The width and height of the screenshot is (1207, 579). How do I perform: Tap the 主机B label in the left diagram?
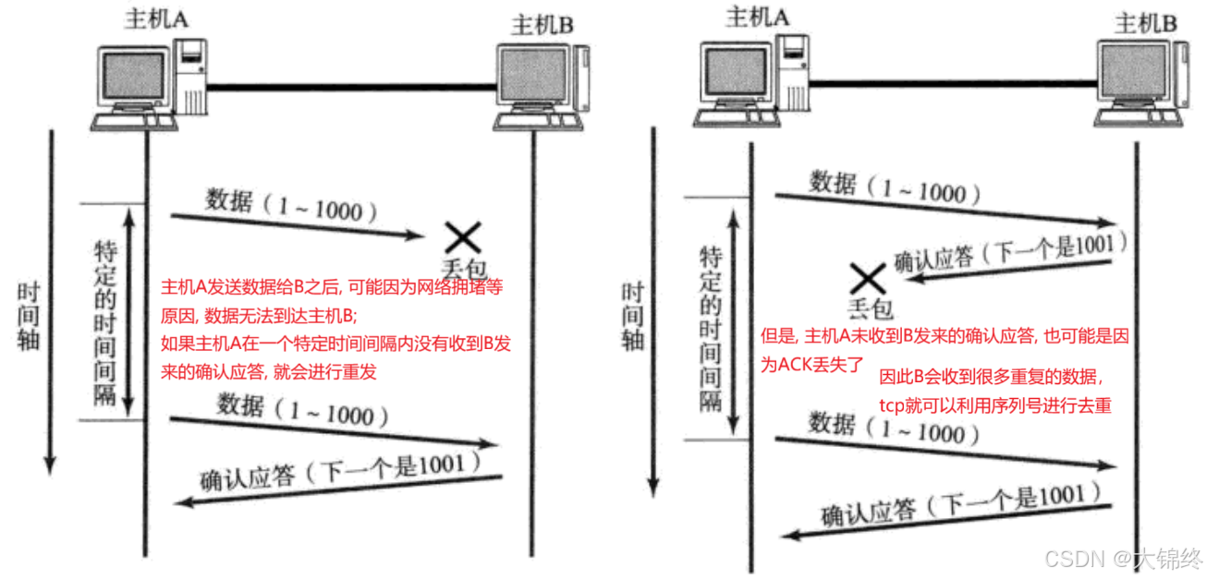point(543,24)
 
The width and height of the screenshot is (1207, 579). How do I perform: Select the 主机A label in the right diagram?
point(757,18)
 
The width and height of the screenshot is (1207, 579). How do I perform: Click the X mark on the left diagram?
point(462,237)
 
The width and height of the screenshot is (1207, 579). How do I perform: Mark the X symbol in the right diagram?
point(868,277)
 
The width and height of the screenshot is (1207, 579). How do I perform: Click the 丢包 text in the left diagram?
point(462,269)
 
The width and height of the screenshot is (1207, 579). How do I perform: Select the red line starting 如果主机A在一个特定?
point(336,344)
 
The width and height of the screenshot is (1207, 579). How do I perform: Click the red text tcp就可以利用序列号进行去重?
point(994,405)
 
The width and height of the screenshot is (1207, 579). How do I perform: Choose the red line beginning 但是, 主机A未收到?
point(944,339)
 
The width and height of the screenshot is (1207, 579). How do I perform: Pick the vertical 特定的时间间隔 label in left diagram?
point(104,322)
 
